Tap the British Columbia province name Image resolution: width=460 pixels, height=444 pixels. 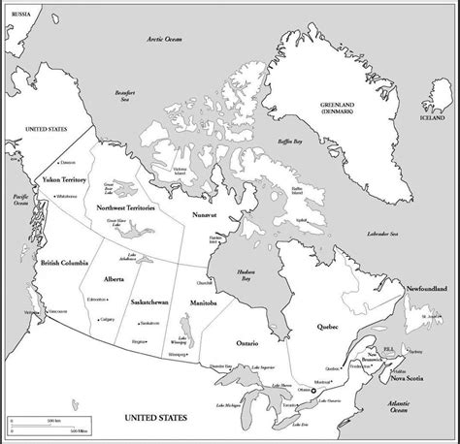click(x=66, y=263)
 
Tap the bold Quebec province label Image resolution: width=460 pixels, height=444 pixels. click(x=326, y=328)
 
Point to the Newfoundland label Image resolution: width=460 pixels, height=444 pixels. click(x=426, y=289)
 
